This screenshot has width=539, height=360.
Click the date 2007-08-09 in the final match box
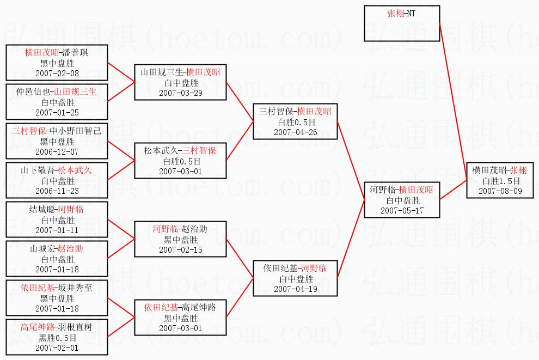(500, 191)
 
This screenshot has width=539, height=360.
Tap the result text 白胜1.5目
(500, 181)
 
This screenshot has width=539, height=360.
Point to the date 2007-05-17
(402, 211)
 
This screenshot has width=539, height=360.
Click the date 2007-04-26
(295, 132)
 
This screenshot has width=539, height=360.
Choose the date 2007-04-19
(295, 289)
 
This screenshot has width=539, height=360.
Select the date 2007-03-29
(180, 93)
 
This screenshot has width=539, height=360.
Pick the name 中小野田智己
(81, 131)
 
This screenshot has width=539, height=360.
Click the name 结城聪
(41, 209)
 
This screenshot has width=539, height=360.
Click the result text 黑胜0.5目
(57, 338)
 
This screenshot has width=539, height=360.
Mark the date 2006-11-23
(57, 191)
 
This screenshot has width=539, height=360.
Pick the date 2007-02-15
(180, 249)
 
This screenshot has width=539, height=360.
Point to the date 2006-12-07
(57, 151)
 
